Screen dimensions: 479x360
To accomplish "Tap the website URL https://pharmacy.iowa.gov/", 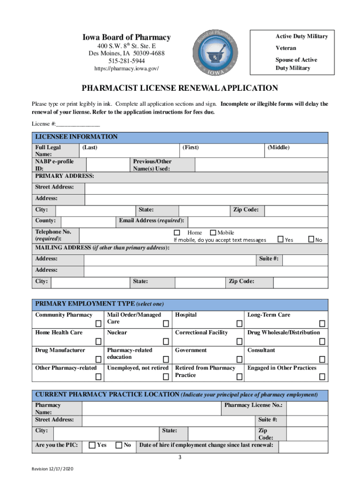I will [x=127, y=69].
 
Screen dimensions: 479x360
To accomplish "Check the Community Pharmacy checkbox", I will [x=98, y=324].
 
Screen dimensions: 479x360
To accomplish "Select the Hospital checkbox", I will [x=239, y=324].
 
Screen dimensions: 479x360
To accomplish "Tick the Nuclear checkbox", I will [x=166, y=341].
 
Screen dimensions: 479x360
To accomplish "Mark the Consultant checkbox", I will [x=322, y=359].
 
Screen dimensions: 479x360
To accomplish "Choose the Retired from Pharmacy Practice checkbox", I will [x=239, y=377].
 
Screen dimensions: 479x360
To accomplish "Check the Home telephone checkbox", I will [x=177, y=232].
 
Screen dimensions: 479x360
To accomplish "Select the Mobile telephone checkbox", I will [x=213, y=232].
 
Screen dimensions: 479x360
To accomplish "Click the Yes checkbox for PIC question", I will [x=92, y=445].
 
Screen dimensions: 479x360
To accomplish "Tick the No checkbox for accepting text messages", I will [x=311, y=239].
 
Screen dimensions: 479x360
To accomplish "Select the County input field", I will [x=88, y=221].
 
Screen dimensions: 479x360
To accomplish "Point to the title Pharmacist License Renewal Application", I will [x=180, y=88].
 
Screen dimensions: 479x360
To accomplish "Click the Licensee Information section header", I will [x=77, y=137].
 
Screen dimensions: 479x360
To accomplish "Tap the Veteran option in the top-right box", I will [x=286, y=48].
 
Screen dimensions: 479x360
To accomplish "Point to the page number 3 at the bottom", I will [x=180, y=457].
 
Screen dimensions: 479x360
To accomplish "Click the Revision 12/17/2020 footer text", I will [x=52, y=469].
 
